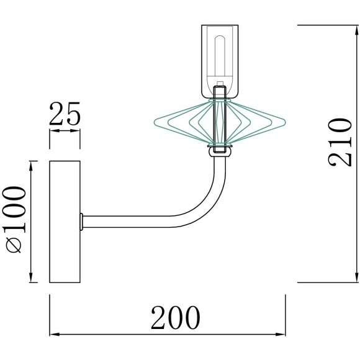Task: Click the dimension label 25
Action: (65, 114)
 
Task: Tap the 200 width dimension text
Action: (176, 318)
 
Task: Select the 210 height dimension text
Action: (340, 142)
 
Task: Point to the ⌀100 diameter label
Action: (14, 219)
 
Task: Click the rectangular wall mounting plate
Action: (65, 222)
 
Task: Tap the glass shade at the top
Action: (220, 61)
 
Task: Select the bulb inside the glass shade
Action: (220, 57)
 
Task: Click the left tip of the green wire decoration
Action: (154, 122)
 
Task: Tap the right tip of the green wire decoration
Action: (285, 122)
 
